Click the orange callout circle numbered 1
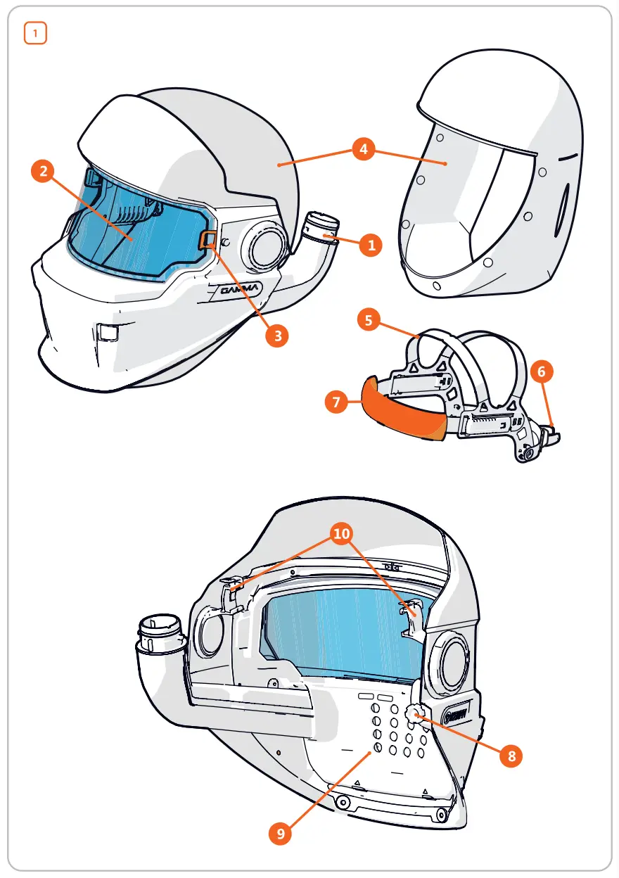370,246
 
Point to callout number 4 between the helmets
363,151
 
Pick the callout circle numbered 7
337,402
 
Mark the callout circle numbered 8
511,757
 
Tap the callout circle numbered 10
342,534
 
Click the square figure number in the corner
35,33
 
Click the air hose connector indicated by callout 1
322,227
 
